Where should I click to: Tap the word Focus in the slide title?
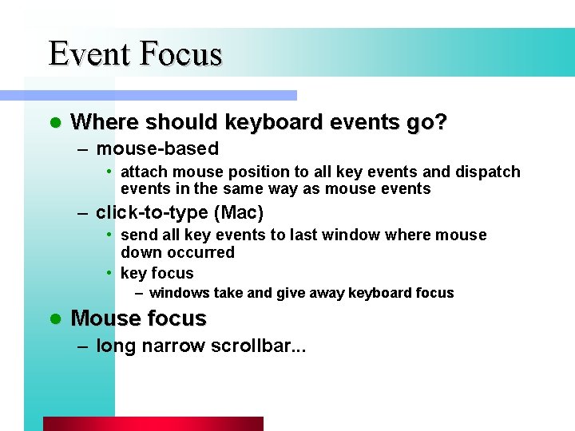coord(180,53)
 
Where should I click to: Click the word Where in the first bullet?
coord(99,122)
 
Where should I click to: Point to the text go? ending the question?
coord(430,122)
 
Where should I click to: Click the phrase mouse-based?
coord(157,148)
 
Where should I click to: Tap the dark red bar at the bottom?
coord(153,424)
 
